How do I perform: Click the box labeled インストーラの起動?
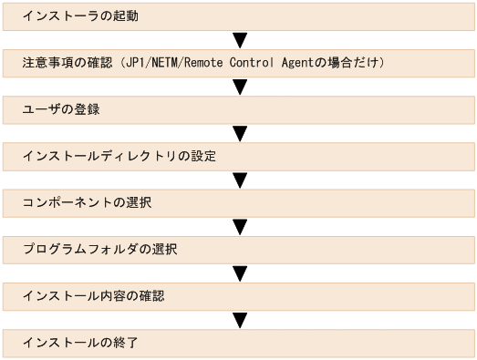coord(239,17)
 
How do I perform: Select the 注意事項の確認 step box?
coord(239,64)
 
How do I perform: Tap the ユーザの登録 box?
coord(239,110)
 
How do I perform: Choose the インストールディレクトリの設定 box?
coord(239,157)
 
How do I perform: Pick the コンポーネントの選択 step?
coord(239,203)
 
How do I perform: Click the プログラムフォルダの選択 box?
coord(239,250)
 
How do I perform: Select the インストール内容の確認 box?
coord(239,296)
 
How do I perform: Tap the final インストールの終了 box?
coord(239,343)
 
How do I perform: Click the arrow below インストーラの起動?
coord(241,41)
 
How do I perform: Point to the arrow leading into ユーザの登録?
coord(241,87)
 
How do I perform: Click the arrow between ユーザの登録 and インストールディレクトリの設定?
coord(241,134)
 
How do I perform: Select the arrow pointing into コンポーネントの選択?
coord(241,180)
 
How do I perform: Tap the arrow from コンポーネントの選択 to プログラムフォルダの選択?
coord(241,227)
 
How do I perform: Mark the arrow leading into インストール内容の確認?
coord(241,273)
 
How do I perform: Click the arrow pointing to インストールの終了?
coord(241,320)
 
